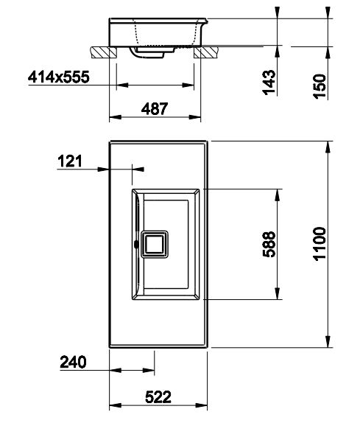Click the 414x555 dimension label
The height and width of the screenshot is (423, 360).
pos(58,77)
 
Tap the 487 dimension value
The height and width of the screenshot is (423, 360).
pos(155,109)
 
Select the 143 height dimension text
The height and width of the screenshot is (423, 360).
pos(269,83)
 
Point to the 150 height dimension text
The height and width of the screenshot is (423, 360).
pos(320,86)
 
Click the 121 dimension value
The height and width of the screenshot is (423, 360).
pos(70,161)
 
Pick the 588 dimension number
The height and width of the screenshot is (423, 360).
pos(269,244)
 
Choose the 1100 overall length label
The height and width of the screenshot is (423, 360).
pos(320,244)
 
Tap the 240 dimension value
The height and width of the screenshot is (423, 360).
pos(73,362)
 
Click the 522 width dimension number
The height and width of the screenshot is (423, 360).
pos(158,396)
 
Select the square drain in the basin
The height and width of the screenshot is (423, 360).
pos(155,244)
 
